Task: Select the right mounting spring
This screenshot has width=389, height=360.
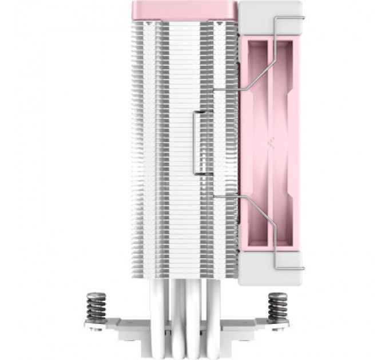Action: pyautogui.click(x=279, y=308)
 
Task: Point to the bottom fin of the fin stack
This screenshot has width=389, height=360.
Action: pyautogui.click(x=183, y=280)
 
